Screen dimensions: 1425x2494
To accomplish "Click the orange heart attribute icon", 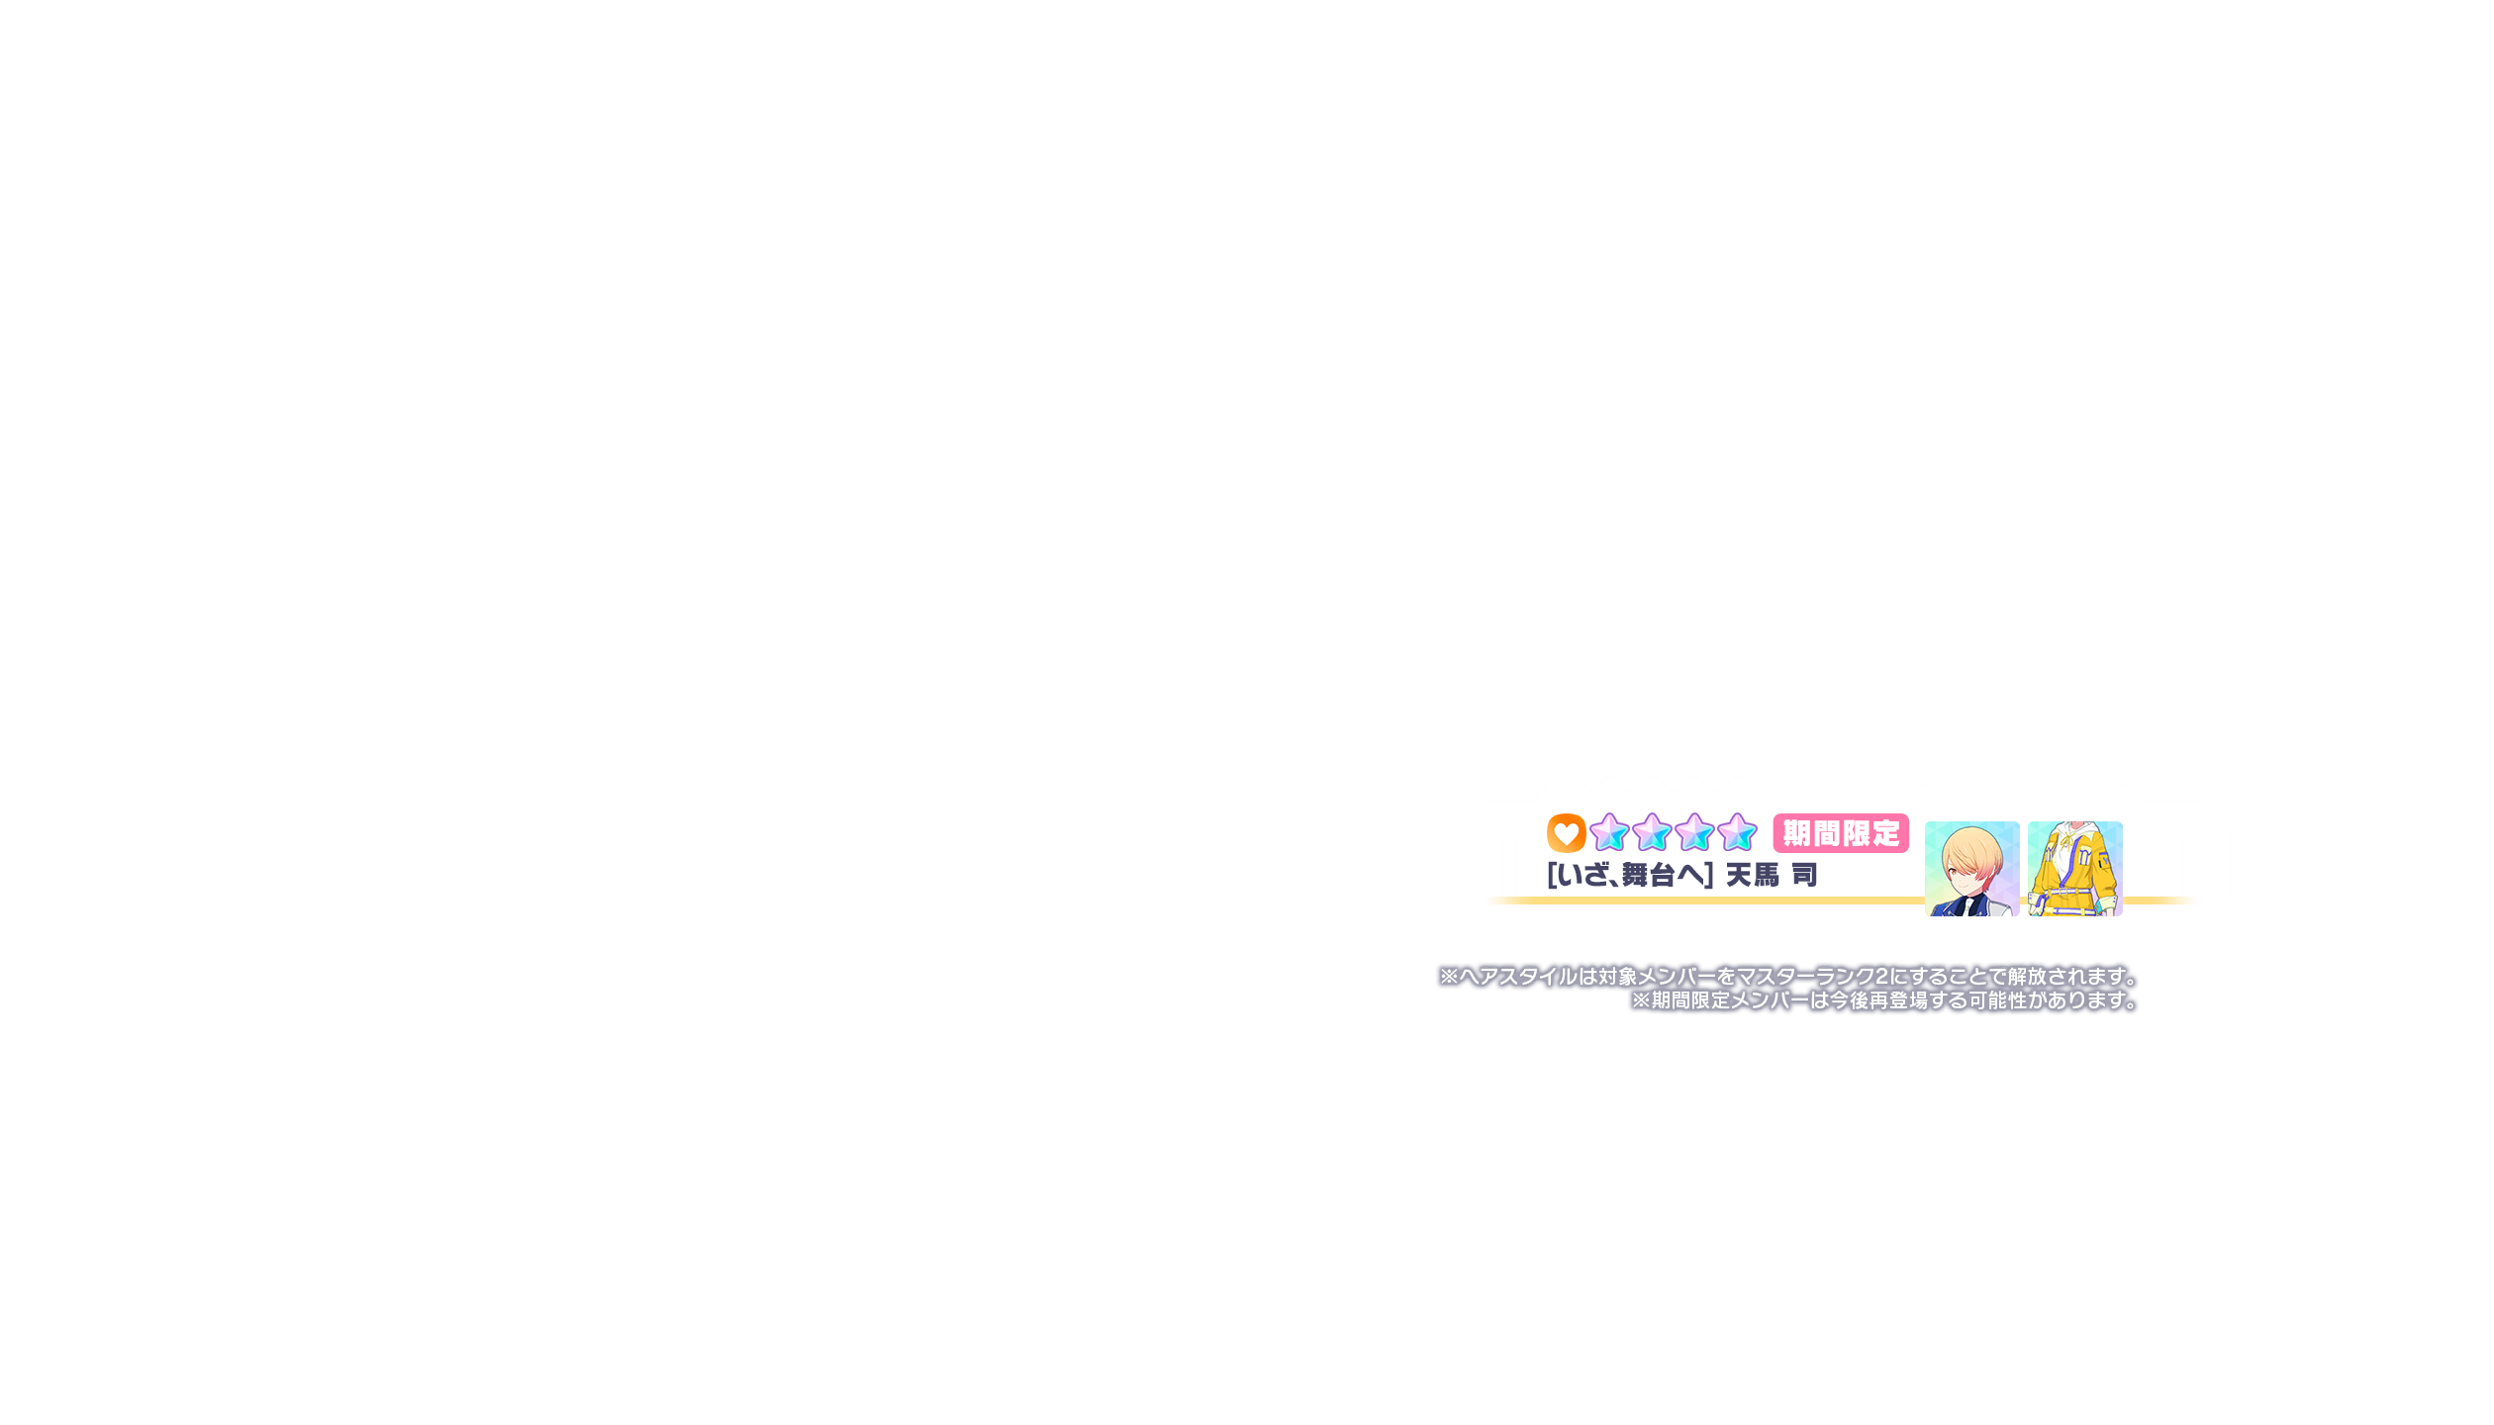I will click(1566, 833).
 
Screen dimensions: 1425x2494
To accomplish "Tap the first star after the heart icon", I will click(1610, 833).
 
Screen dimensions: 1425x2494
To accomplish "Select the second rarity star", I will click(1653, 833).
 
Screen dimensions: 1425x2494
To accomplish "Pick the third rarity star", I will click(1695, 833).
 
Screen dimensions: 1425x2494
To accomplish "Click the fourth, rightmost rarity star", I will click(1738, 833).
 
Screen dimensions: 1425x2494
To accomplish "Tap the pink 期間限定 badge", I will click(1841, 833).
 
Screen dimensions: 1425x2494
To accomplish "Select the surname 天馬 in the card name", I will click(1753, 875).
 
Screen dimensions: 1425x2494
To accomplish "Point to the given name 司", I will click(1804, 875).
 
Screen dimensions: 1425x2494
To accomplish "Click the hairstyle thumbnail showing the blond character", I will click(1972, 868).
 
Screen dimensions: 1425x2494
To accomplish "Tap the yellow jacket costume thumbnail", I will click(2075, 868).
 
